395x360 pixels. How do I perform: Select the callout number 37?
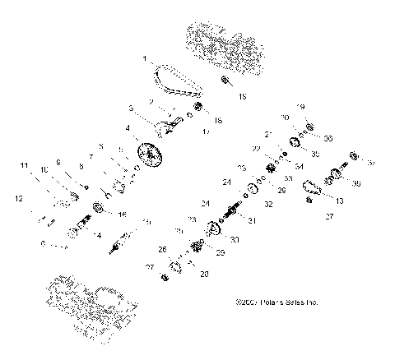pyautogui.click(x=371, y=163)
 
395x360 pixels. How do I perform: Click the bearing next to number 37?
pyautogui.click(x=355, y=156)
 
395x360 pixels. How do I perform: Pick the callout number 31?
pyautogui.click(x=251, y=219)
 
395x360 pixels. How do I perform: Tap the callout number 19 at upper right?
pyautogui.click(x=300, y=107)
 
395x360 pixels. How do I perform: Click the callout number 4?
pyautogui.click(x=127, y=128)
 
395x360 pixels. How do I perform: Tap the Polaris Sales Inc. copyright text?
pyautogui.click(x=276, y=302)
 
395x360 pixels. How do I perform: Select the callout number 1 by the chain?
pyautogui.click(x=145, y=59)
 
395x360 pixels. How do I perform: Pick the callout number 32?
pyautogui.click(x=268, y=203)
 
